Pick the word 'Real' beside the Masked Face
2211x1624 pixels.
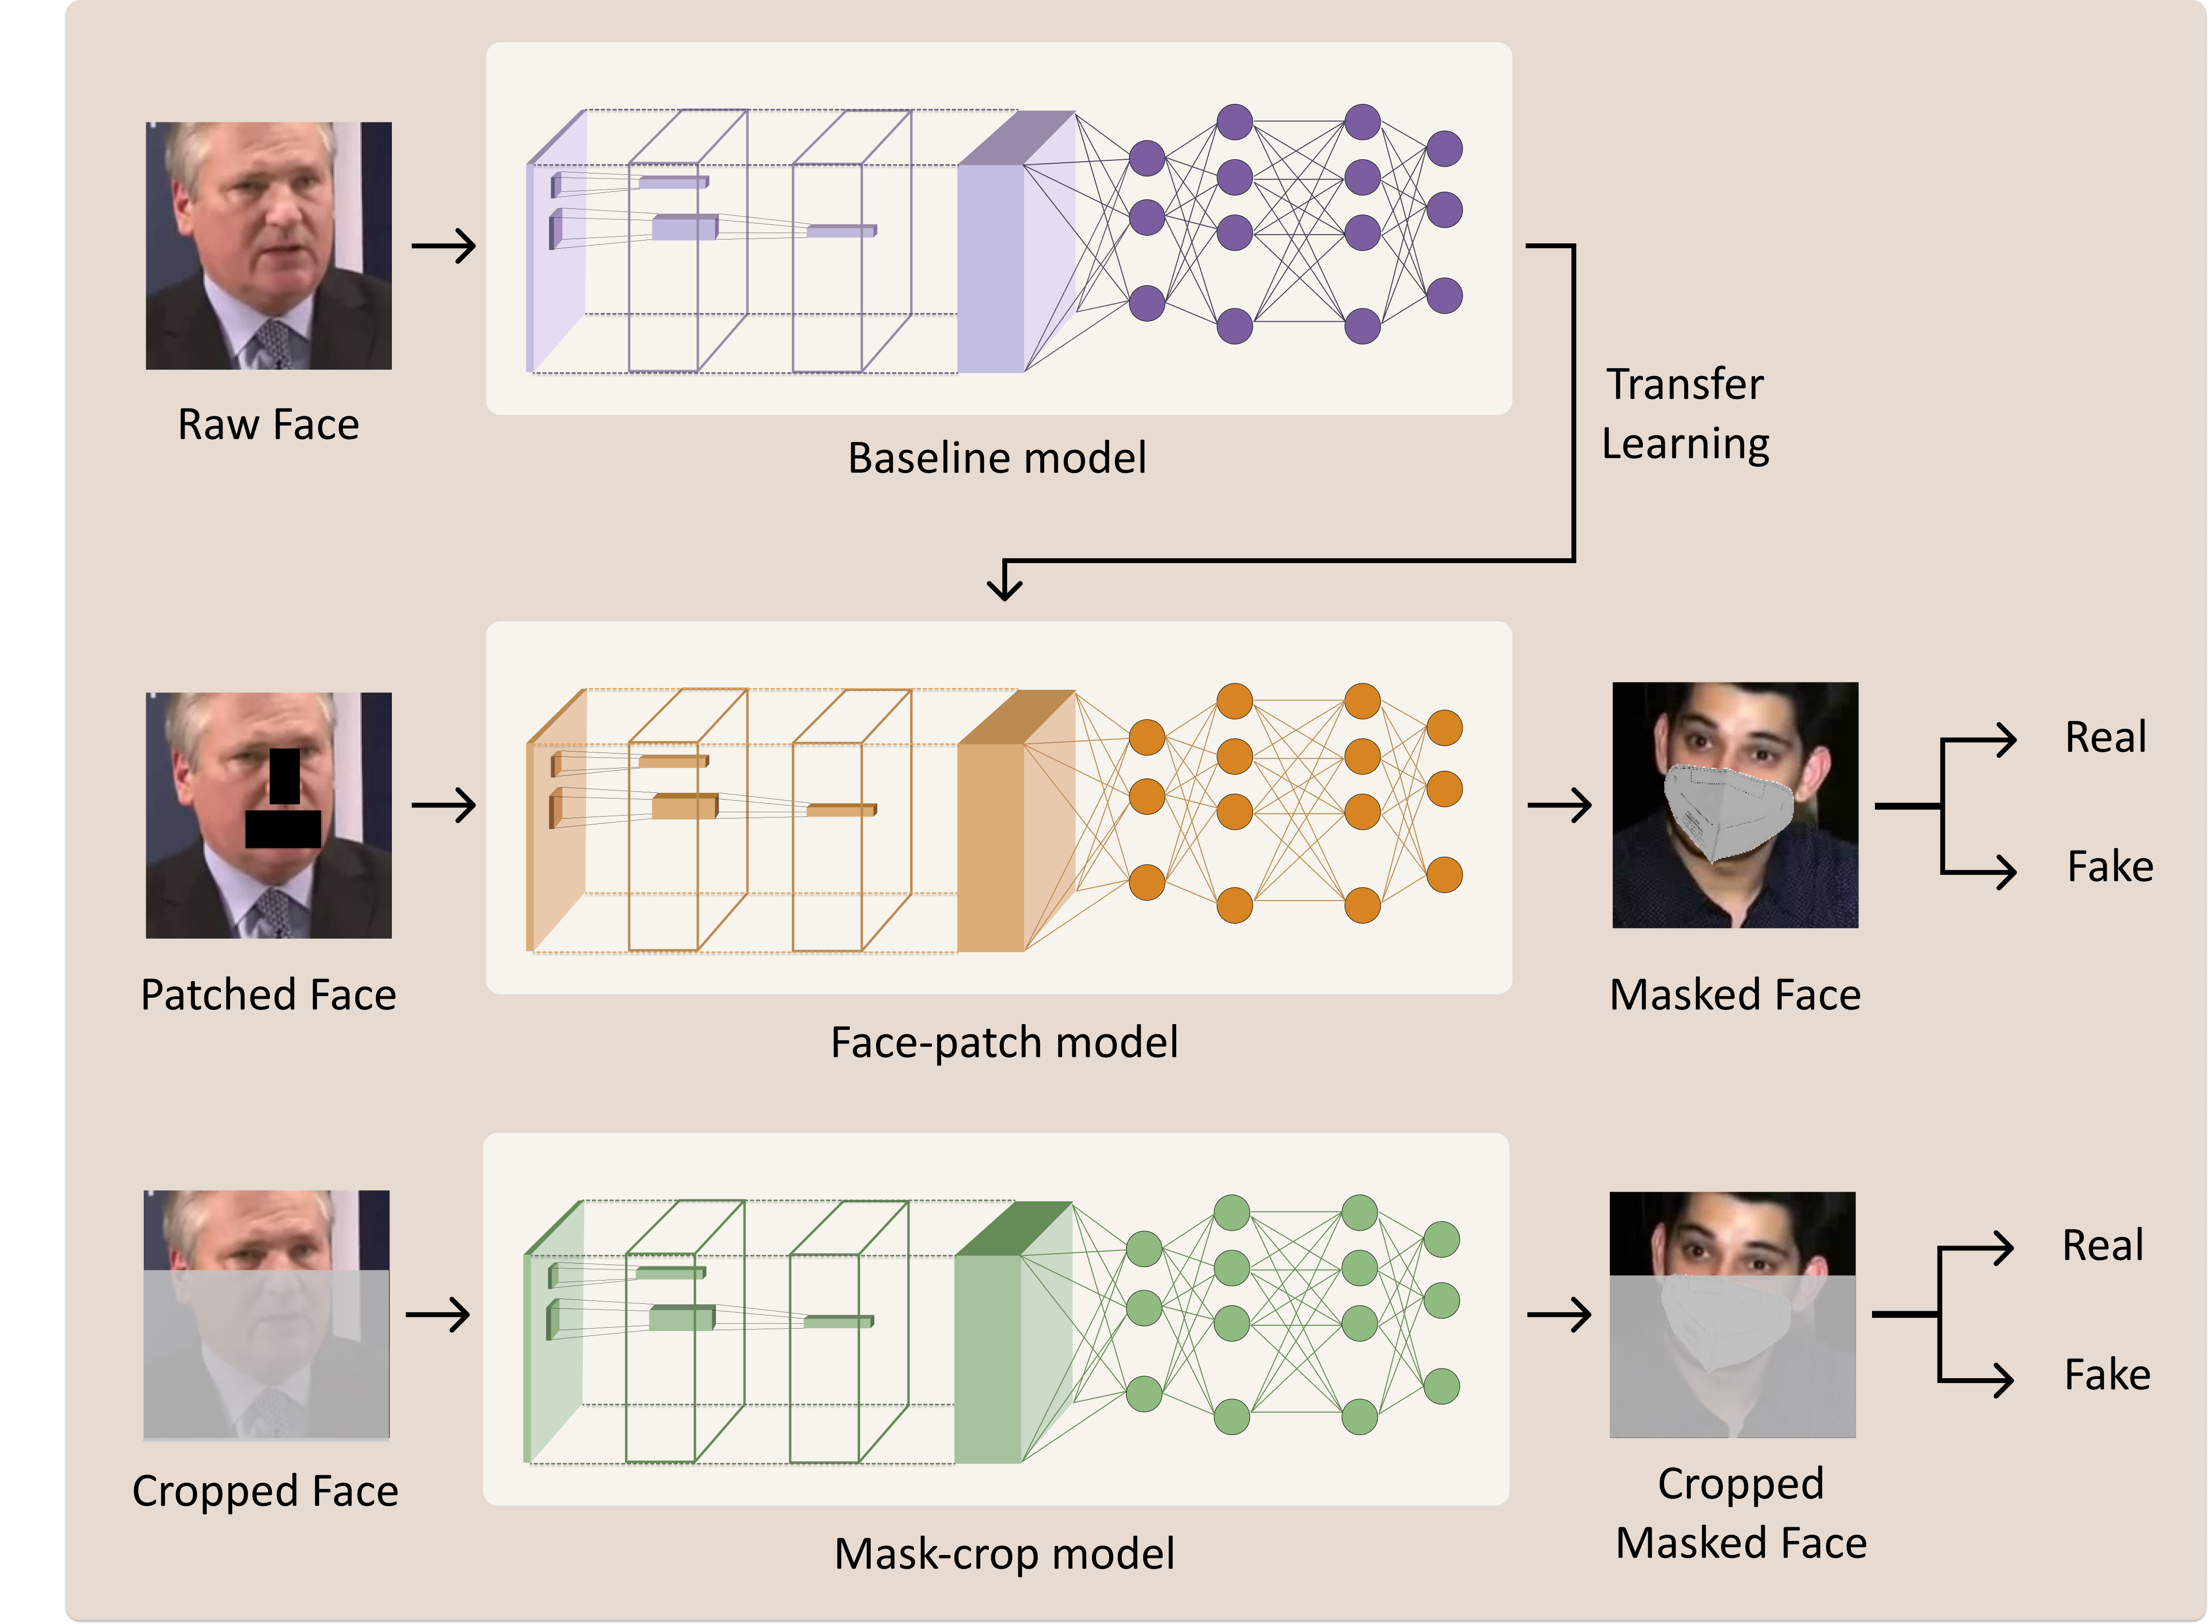coord(2105,737)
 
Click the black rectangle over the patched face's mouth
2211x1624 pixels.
coord(283,829)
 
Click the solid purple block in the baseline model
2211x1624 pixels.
coord(991,267)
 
